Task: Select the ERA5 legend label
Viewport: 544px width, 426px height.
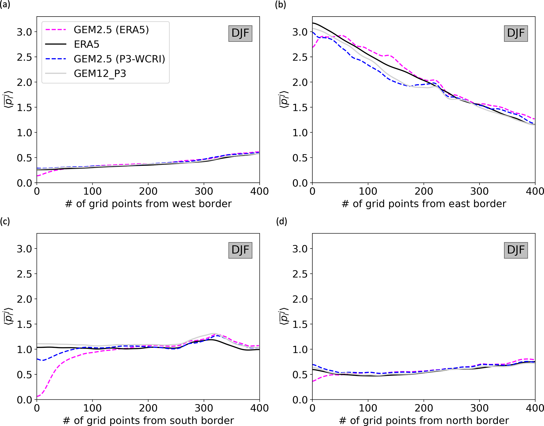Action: [x=87, y=44]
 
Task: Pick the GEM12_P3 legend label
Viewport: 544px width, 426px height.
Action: [x=100, y=73]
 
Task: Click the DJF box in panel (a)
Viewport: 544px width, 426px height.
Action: [x=240, y=33]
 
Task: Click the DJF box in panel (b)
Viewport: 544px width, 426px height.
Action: [x=516, y=33]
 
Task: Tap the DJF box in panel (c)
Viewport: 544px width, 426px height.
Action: [x=240, y=250]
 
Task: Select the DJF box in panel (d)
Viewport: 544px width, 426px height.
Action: [x=516, y=250]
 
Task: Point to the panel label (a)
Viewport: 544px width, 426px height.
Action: [x=5, y=5]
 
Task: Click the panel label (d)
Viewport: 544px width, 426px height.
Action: [x=281, y=221]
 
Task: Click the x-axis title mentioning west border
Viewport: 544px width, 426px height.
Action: [x=148, y=204]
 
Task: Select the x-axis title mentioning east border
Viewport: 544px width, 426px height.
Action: [x=424, y=204]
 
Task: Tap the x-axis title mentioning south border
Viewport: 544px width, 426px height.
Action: [x=148, y=420]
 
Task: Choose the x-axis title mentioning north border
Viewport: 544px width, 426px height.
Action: [x=424, y=420]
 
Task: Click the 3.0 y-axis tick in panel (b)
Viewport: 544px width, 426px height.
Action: [x=300, y=32]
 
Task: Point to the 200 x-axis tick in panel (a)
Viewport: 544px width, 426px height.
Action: [x=148, y=191]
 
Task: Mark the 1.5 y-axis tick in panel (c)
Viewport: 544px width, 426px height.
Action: [x=24, y=324]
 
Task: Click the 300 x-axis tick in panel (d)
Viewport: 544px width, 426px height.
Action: [x=479, y=408]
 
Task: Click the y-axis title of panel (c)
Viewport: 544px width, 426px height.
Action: [x=9, y=316]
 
